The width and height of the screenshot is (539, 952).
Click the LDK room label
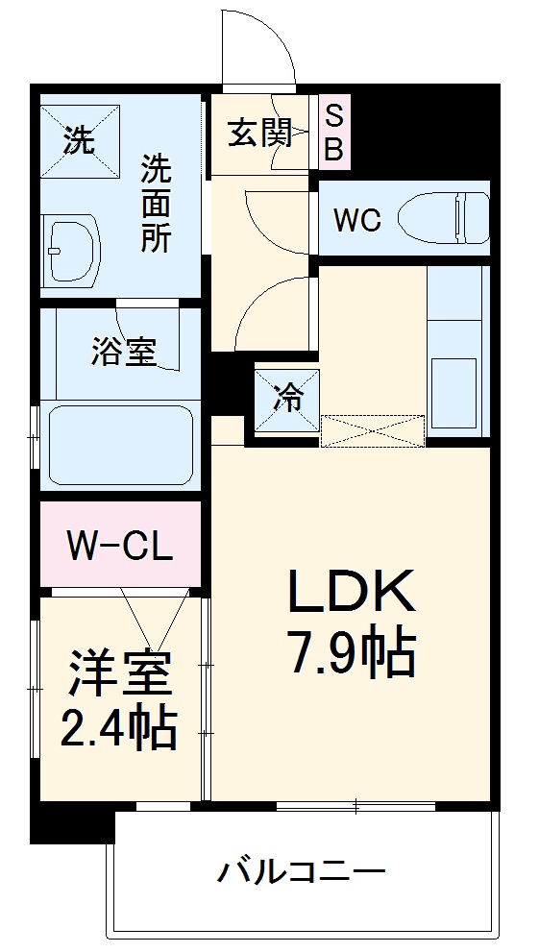(x=353, y=593)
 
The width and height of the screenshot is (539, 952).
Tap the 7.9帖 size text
(x=353, y=654)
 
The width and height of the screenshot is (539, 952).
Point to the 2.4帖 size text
(x=119, y=729)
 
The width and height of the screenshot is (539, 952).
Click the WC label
(x=356, y=220)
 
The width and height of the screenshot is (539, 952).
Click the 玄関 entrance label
(x=259, y=133)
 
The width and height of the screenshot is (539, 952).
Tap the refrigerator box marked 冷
(x=286, y=398)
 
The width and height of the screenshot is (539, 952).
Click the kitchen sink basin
(x=454, y=391)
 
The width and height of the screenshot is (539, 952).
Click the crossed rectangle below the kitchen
(x=372, y=430)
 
